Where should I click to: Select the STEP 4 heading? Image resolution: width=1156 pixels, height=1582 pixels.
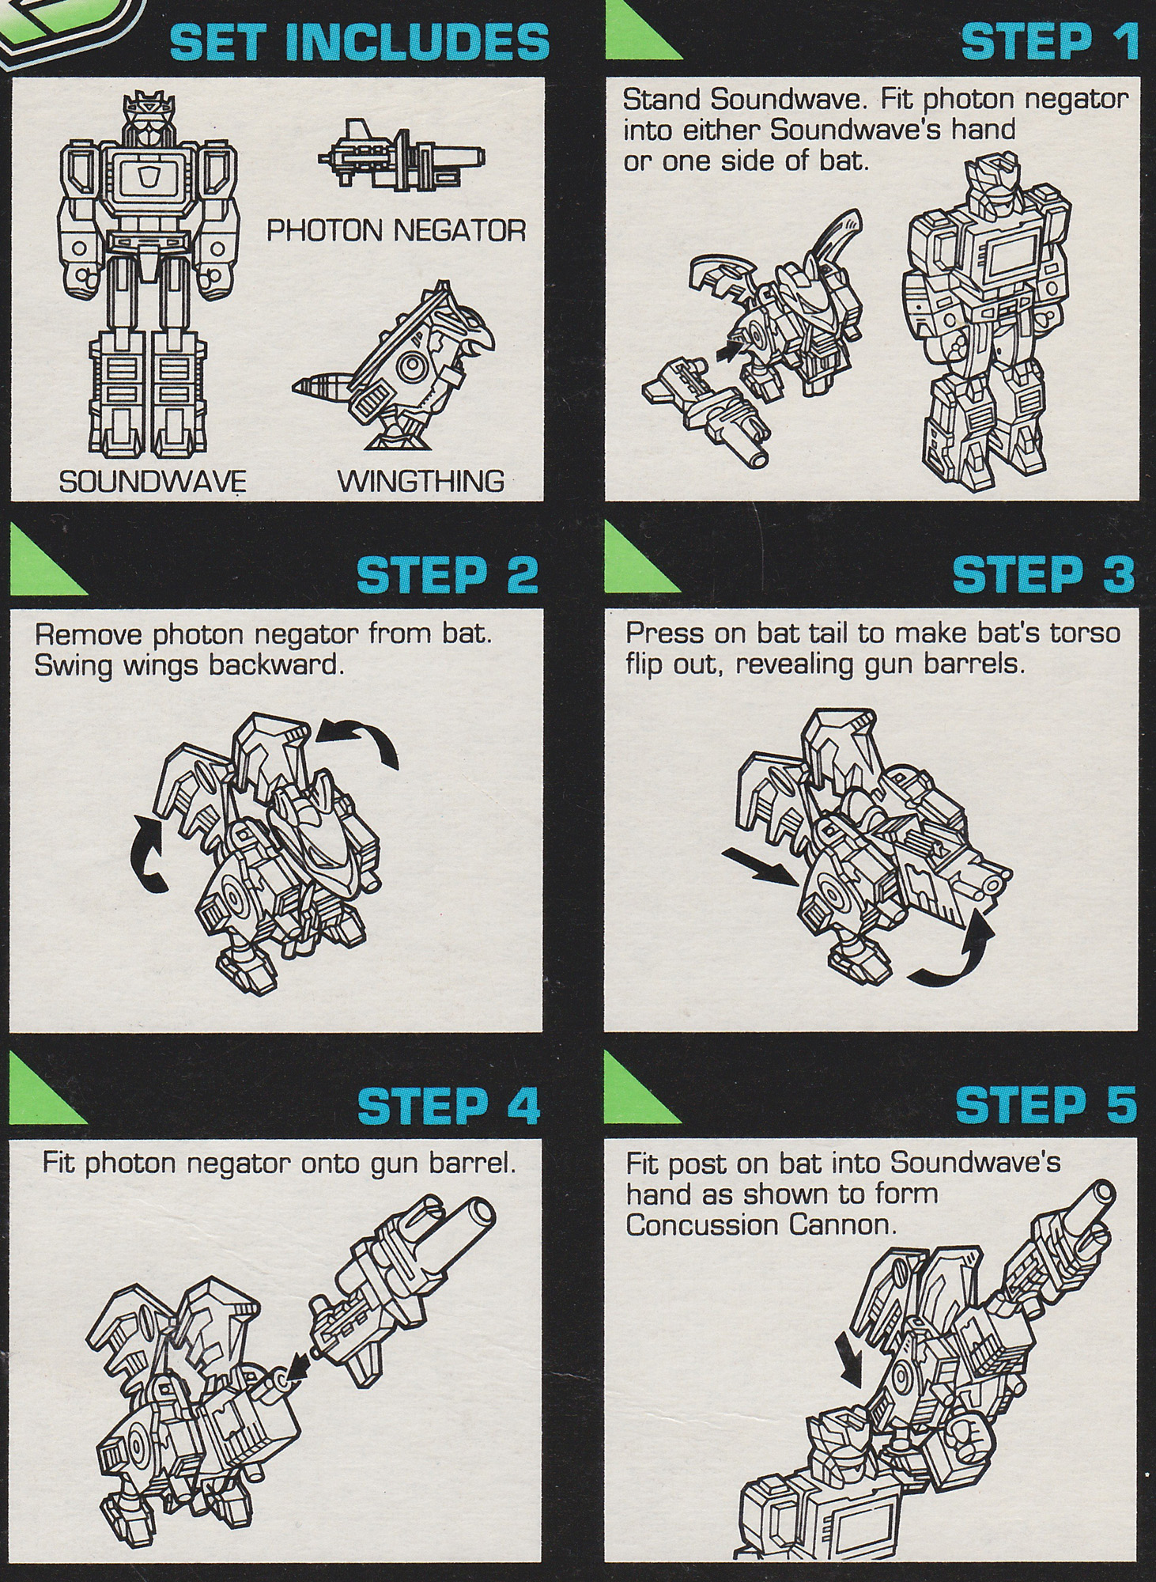tap(448, 1104)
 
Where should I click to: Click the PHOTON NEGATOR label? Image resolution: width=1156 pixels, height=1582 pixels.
tap(395, 231)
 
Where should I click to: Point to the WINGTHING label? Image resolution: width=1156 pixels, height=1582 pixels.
tap(421, 481)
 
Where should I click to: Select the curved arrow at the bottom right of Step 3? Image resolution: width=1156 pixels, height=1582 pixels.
tap(951, 954)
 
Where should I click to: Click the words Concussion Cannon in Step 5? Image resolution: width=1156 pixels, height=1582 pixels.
tap(760, 1225)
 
